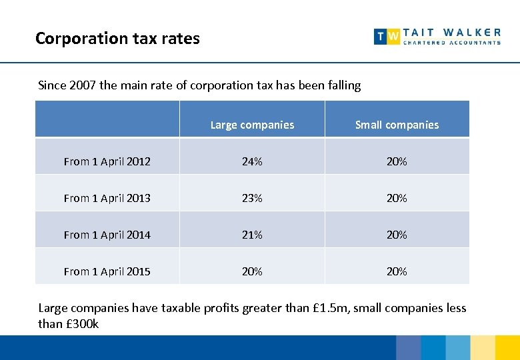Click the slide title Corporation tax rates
117,39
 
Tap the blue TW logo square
387,37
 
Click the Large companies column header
252,125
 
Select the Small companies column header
397,125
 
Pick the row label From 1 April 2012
107,161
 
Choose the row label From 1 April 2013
107,198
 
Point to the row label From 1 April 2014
107,235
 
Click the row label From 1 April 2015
107,271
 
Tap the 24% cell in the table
252,161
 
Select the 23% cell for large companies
252,198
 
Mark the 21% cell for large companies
252,235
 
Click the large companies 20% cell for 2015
252,271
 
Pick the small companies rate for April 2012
397,161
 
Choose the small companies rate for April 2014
397,235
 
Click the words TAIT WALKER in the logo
452,32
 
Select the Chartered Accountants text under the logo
452,43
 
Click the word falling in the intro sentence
342,85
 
